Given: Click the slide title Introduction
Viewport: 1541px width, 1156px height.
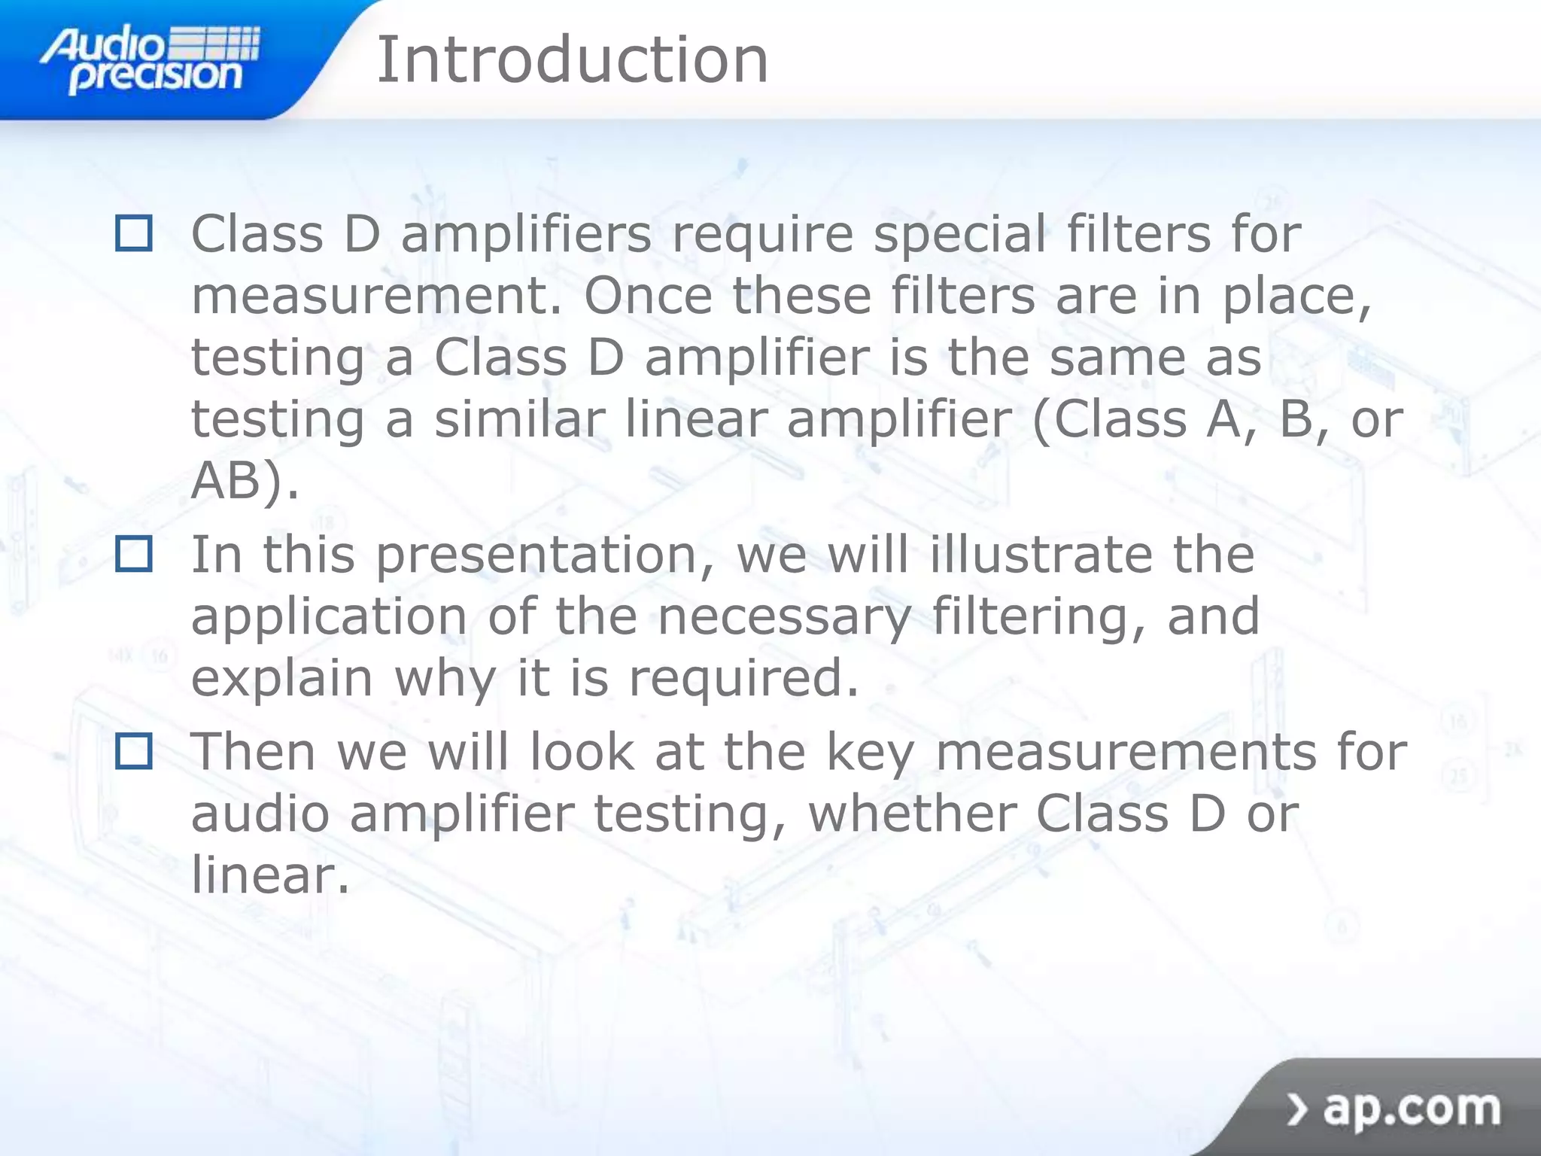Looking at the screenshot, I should [x=572, y=60].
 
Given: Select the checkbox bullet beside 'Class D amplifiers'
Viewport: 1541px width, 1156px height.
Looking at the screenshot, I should [x=134, y=233].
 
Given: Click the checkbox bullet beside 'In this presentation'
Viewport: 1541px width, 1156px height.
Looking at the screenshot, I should [x=134, y=554].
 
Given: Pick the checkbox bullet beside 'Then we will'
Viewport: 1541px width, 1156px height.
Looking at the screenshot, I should [x=134, y=751].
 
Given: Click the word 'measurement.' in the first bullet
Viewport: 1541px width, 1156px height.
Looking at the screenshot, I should [x=376, y=297].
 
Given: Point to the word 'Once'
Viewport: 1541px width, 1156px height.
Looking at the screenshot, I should [x=648, y=295].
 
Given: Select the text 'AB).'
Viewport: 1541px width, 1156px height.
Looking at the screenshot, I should [x=245, y=480].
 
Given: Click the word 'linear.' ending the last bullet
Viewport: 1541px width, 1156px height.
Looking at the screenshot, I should [x=270, y=875].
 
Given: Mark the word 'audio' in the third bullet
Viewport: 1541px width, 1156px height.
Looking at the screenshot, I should [x=260, y=814].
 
